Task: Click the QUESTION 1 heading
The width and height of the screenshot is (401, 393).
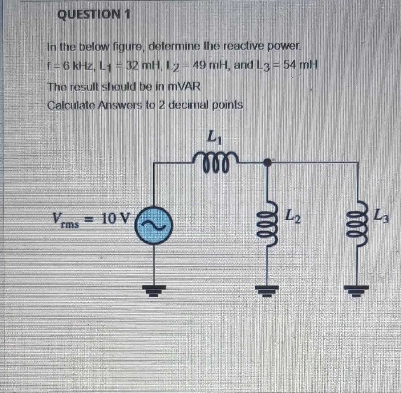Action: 94,15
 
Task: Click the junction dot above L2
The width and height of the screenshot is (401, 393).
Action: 268,162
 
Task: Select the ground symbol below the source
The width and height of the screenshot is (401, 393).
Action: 154,289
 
